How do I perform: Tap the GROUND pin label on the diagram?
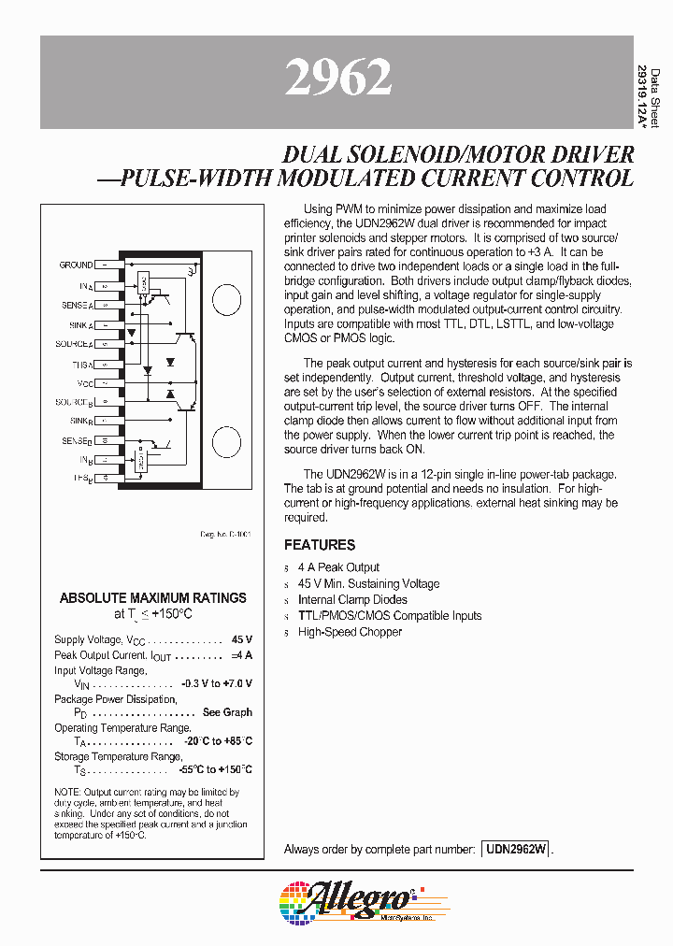click(x=76, y=265)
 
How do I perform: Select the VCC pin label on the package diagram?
click(x=85, y=383)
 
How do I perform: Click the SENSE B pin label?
click(x=77, y=441)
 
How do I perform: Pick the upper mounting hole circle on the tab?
click(x=228, y=301)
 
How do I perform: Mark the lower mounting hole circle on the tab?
click(x=228, y=439)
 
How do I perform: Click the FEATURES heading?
click(x=320, y=545)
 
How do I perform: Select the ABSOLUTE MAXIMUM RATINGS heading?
click(x=153, y=598)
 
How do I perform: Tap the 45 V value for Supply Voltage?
click(x=241, y=640)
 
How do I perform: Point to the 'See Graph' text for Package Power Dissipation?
click(x=227, y=712)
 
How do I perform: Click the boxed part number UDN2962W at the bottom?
click(x=517, y=850)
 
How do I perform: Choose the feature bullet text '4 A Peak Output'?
click(x=338, y=567)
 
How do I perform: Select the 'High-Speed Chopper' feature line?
click(x=350, y=632)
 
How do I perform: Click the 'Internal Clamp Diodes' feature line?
click(x=352, y=599)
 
